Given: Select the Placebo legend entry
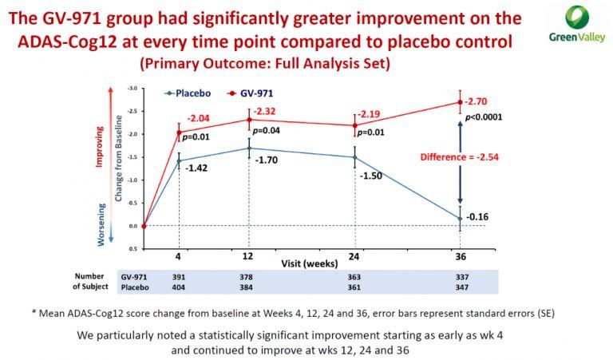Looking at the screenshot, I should pos(187,93).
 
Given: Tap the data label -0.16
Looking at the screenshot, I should pos(477,216).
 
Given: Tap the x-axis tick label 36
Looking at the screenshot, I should pos(460,258).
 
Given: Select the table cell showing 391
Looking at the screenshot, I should pos(180,275).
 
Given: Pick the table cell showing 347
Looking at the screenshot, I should pos(459,286).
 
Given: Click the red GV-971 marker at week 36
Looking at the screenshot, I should pos(461,102).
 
